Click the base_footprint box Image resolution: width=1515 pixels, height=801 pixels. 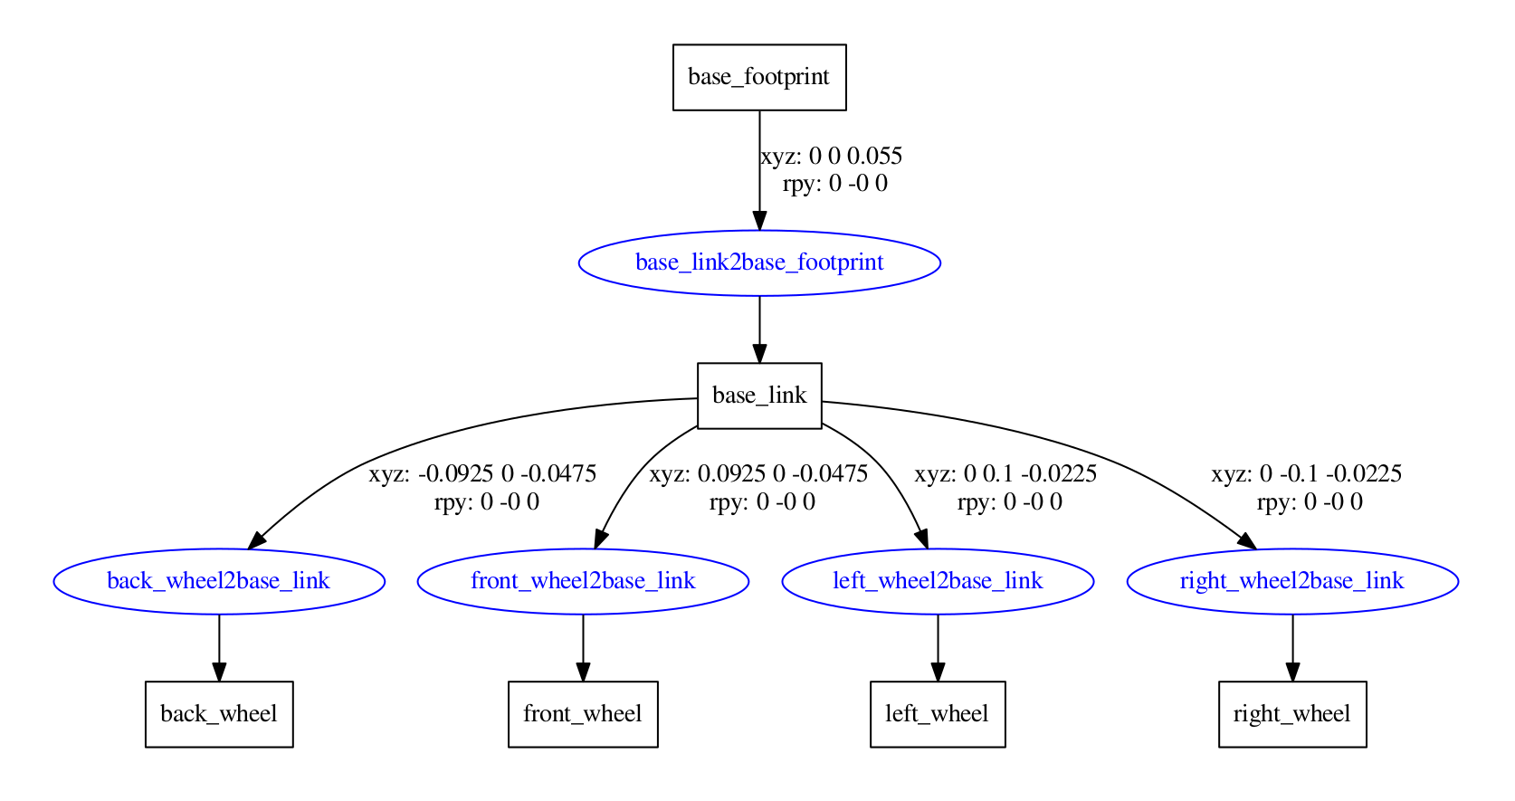coord(759,78)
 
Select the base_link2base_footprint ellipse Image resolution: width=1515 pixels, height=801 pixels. coord(759,262)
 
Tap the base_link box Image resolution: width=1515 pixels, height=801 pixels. coord(759,396)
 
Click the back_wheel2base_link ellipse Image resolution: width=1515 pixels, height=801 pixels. coord(219,581)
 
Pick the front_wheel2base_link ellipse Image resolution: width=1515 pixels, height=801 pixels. coord(583,581)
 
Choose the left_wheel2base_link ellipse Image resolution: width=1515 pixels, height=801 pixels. coord(938,581)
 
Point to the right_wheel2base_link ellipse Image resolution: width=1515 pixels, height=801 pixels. coord(1292,581)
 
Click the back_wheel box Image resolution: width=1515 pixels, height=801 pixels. coord(219,714)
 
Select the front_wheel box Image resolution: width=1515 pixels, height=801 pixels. coord(583,714)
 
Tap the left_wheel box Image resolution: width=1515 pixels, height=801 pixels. coord(938,714)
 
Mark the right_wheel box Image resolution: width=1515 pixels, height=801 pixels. coord(1292,714)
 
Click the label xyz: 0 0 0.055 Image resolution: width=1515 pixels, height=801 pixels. coord(832,156)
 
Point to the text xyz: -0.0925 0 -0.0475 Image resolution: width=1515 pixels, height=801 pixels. coord(482,473)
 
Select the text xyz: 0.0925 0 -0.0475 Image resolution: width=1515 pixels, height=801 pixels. coord(758,473)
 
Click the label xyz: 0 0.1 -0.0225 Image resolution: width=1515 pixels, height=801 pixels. coord(1005,473)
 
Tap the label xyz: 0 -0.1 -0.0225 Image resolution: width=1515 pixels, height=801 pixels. coord(1307,473)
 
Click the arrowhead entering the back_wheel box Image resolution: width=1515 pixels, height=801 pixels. coord(219,672)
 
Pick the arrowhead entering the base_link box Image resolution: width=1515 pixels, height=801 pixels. coord(759,353)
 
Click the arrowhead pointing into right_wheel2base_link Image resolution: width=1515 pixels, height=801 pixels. coord(1247,540)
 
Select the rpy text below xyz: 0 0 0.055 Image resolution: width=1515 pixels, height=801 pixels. coord(834,184)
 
